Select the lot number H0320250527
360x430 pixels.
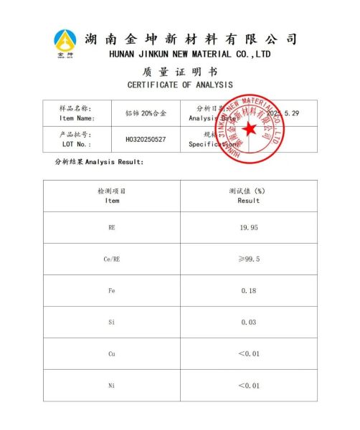tap(146, 139)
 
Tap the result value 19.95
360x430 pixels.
tap(249, 227)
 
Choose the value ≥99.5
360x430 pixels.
tap(249, 259)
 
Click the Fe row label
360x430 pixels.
tap(112, 290)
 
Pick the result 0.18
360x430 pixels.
tap(249, 290)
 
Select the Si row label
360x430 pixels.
tap(112, 322)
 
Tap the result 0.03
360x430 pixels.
tap(249, 322)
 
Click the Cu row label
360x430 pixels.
tap(112, 354)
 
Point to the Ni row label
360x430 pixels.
tap(112, 386)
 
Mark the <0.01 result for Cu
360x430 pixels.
tap(249, 354)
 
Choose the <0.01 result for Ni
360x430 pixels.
tap(249, 386)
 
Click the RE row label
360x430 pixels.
tap(112, 227)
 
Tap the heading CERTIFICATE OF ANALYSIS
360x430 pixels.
tap(180, 85)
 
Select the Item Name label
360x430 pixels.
tap(77, 118)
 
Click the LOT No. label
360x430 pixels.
tap(77, 143)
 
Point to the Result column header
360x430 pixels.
tap(249, 201)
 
